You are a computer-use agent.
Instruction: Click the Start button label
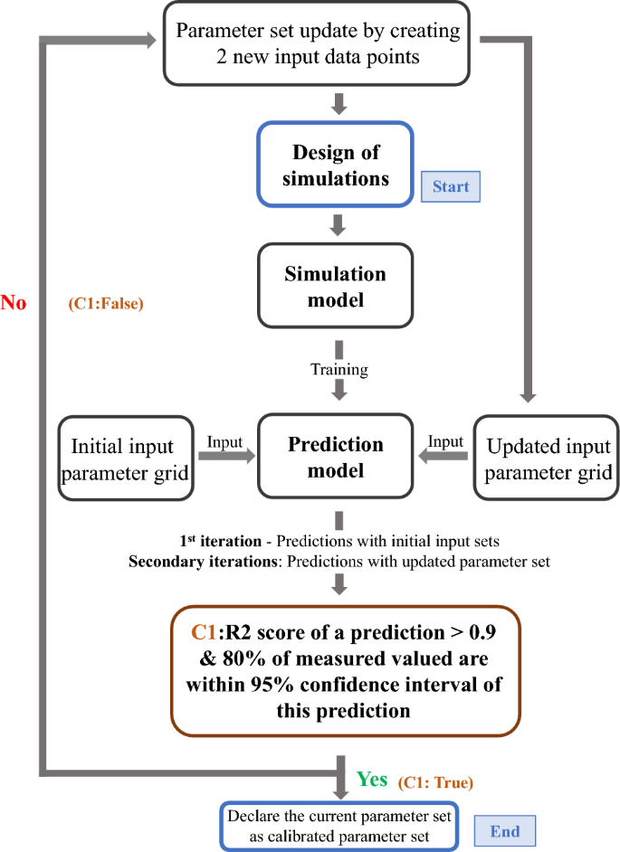(x=451, y=186)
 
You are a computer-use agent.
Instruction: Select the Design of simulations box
(x=336, y=166)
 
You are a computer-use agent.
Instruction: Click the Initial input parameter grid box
(x=127, y=458)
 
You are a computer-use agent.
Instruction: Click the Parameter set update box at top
(x=318, y=43)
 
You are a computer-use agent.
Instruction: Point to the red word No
(x=14, y=303)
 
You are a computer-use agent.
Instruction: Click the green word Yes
(x=372, y=779)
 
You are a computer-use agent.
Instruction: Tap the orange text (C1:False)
(x=107, y=305)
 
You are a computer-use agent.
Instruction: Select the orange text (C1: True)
(x=435, y=781)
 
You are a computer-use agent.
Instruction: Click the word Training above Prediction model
(x=339, y=369)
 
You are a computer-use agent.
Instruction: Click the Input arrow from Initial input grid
(x=225, y=457)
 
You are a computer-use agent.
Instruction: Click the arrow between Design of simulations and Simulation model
(x=339, y=223)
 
